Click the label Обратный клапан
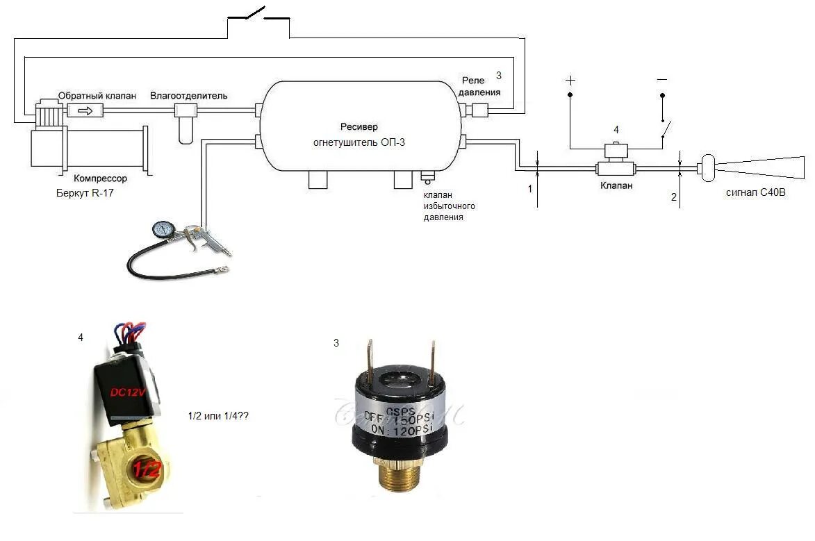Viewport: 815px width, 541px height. coord(97,95)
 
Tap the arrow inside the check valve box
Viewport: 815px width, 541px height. coord(84,110)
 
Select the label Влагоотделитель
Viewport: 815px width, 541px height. coord(188,95)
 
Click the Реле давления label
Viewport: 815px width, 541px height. coord(479,87)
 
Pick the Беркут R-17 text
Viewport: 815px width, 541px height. coord(85,193)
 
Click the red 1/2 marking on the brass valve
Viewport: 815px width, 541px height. coord(147,469)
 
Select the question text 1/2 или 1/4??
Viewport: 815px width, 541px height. coord(218,416)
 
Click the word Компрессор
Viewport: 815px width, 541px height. coord(101,178)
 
